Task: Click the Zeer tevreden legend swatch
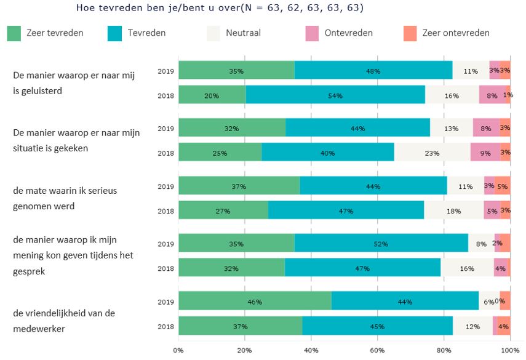pyautogui.click(x=15, y=33)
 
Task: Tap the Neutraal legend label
pyautogui.click(x=243, y=33)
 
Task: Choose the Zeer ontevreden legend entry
pyautogui.click(x=456, y=33)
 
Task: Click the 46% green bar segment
pyautogui.click(x=255, y=302)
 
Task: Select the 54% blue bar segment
pyautogui.click(x=335, y=95)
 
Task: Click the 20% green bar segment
pyautogui.click(x=212, y=95)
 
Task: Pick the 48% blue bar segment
pyautogui.click(x=373, y=71)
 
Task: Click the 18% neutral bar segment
pyautogui.click(x=454, y=211)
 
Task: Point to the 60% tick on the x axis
pyautogui.click(x=377, y=350)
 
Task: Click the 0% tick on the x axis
pyautogui.click(x=178, y=350)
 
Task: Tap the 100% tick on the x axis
pyautogui.click(x=509, y=350)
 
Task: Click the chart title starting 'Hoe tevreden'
pyautogui.click(x=220, y=8)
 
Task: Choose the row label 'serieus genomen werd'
pyautogui.click(x=65, y=198)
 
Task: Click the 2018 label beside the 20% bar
pyautogui.click(x=165, y=95)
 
